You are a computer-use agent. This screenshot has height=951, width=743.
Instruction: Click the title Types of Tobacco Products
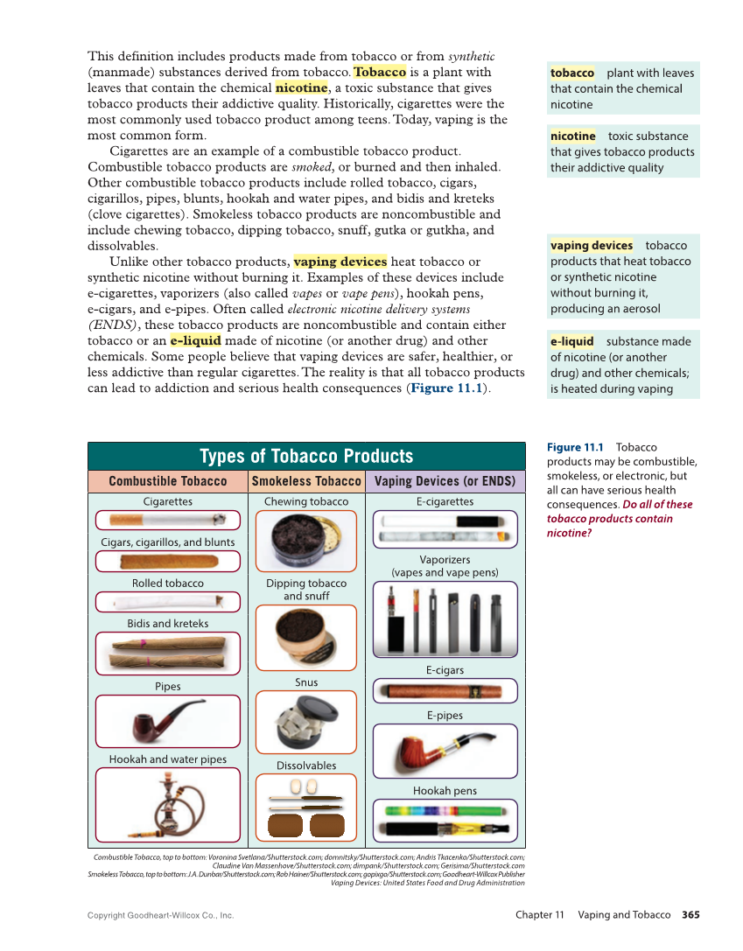point(306,456)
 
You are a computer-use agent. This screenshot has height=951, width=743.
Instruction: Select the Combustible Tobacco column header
point(167,481)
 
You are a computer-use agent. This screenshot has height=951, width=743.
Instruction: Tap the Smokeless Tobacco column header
point(306,481)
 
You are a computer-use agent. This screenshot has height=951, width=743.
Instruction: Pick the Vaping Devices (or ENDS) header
point(445,481)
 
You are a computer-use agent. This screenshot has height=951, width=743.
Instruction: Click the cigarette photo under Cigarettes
point(167,520)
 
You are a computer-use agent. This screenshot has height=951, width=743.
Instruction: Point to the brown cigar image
point(167,562)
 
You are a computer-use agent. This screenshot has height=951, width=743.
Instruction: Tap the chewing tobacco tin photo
point(305,542)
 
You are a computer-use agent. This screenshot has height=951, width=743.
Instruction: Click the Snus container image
point(305,722)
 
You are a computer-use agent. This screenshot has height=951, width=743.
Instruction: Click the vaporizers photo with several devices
point(445,619)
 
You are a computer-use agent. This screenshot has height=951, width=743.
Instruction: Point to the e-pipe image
point(445,751)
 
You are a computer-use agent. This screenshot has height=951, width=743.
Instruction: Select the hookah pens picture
point(445,821)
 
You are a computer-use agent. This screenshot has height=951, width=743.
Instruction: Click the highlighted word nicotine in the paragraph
point(302,87)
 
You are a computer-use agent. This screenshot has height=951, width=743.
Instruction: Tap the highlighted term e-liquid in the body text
point(195,340)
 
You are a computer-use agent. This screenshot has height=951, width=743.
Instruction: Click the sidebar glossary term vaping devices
point(592,246)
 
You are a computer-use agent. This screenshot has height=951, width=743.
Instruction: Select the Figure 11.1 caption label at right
point(575,448)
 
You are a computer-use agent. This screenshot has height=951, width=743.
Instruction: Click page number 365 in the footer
point(690,915)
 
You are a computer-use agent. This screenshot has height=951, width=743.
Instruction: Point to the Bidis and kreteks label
point(167,623)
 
